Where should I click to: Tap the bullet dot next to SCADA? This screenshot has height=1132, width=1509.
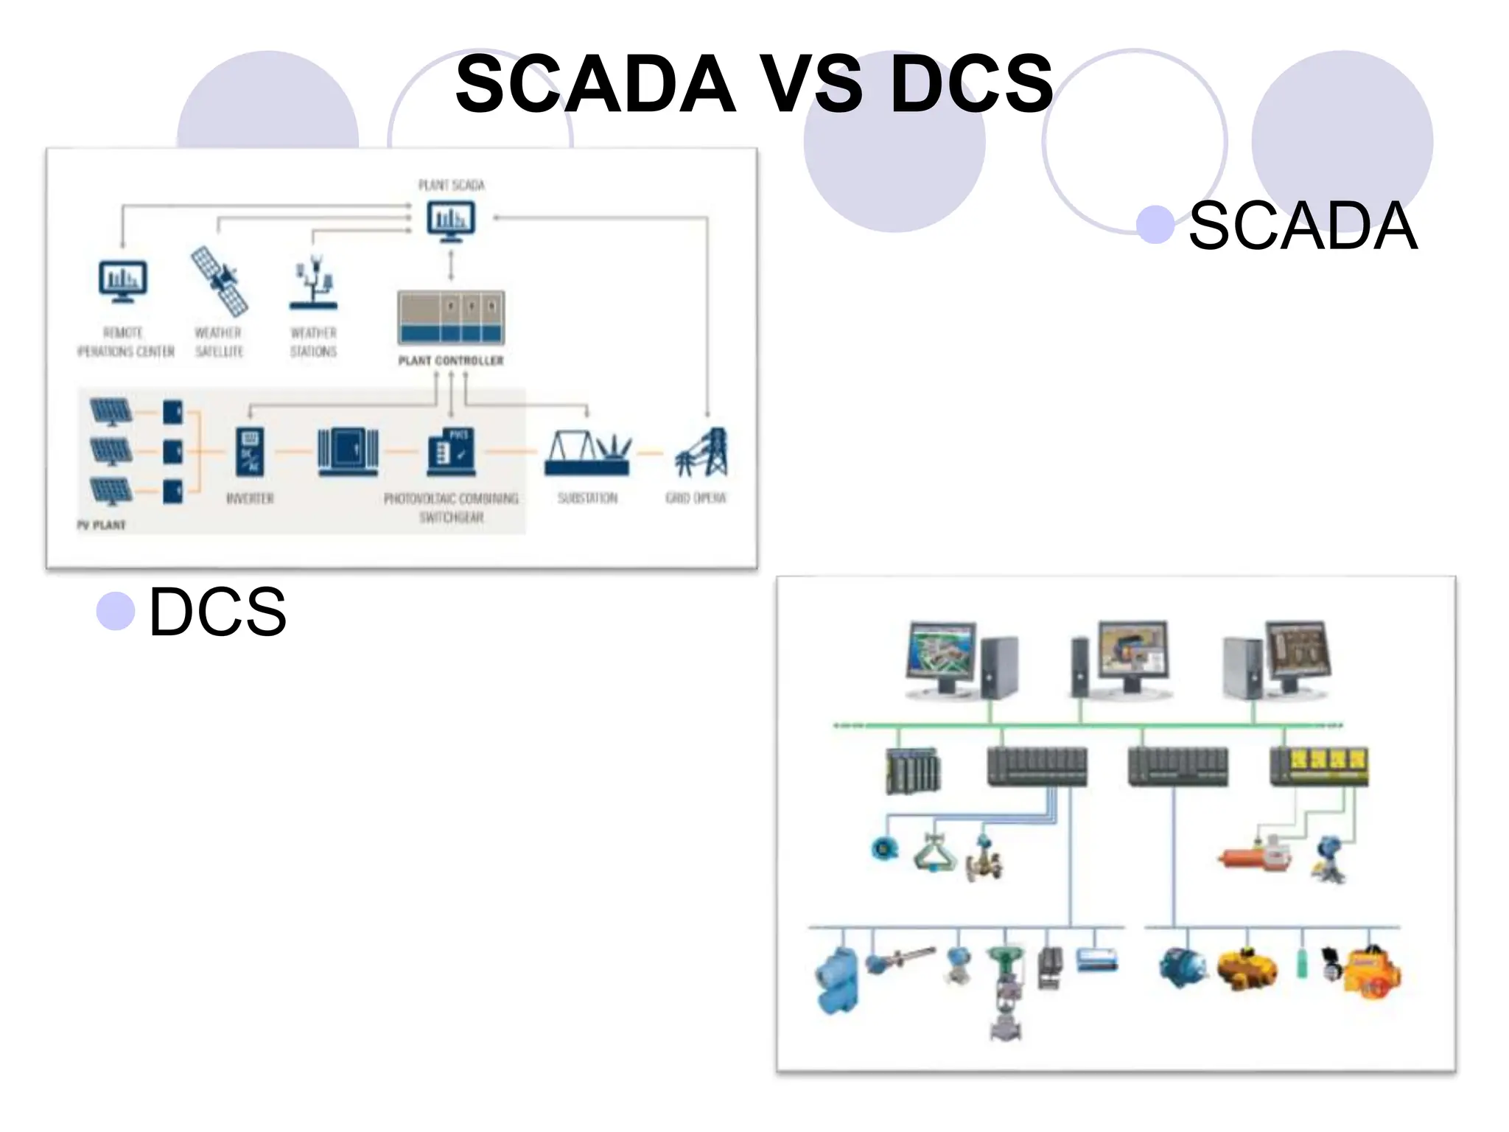click(1155, 224)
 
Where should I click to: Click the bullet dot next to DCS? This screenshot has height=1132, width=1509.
click(116, 610)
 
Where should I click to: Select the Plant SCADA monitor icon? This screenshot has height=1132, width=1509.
click(451, 220)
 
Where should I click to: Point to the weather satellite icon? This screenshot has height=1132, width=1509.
click(219, 281)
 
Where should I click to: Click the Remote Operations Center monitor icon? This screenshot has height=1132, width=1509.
click(123, 281)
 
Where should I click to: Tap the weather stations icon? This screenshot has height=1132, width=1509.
click(314, 284)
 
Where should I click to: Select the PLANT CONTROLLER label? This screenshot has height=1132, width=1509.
click(451, 360)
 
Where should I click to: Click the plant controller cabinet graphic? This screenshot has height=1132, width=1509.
click(451, 318)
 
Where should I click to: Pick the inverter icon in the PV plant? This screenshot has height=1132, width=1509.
click(250, 451)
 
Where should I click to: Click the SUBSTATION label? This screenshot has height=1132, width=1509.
click(587, 498)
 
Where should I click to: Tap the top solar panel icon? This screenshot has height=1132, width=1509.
click(111, 411)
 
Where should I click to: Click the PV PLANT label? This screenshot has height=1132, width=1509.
click(102, 525)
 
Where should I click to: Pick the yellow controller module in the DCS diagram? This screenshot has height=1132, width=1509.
click(1319, 766)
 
